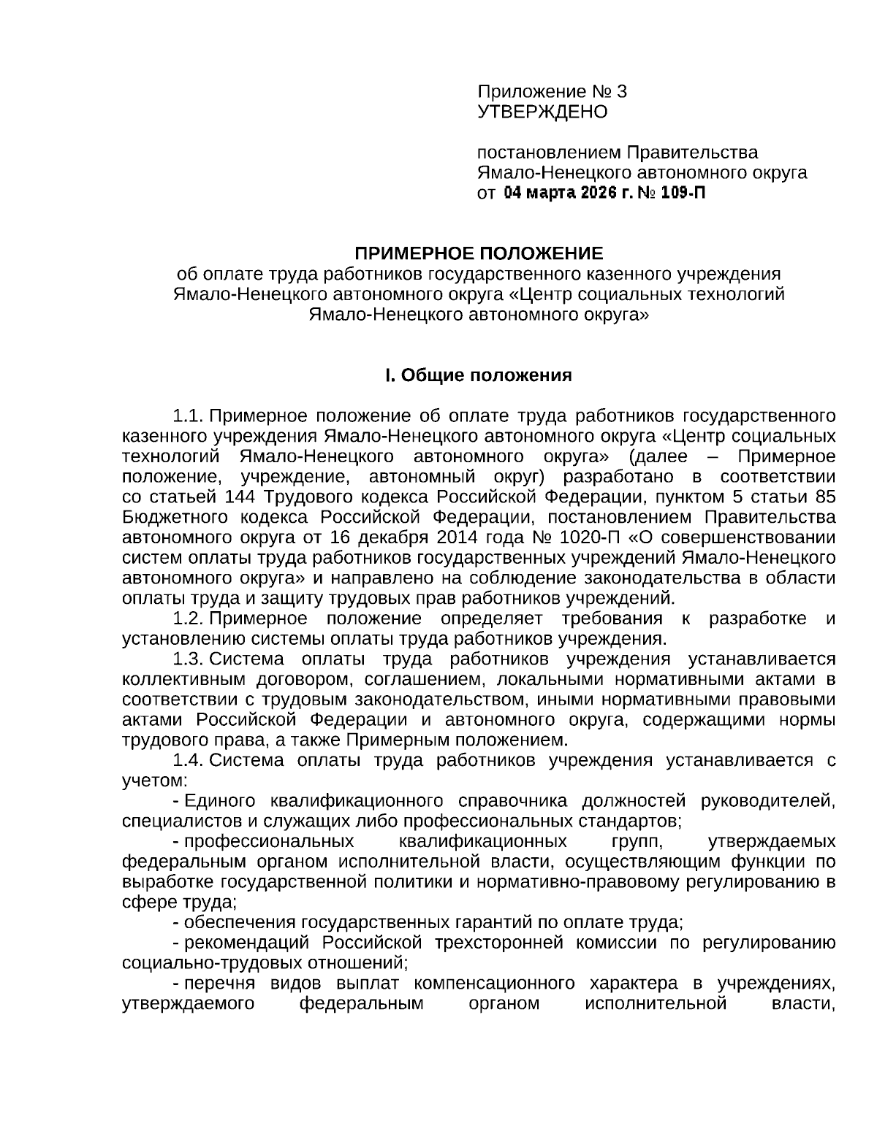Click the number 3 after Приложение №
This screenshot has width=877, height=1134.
click(621, 92)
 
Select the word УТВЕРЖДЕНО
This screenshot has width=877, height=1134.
click(542, 112)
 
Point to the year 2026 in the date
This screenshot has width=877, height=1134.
click(596, 194)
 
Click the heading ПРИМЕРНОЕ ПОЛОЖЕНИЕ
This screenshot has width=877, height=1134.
click(479, 254)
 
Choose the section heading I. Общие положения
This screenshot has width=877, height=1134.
click(479, 376)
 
